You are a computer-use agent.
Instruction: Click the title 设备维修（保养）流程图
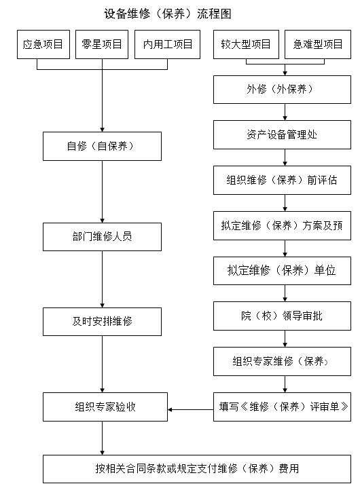(168, 14)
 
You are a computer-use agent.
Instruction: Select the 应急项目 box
(43, 44)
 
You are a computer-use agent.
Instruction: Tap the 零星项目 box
(102, 44)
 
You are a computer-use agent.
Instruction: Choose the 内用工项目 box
(168, 44)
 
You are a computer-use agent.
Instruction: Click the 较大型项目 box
(246, 44)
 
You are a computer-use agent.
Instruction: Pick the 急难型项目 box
(318, 44)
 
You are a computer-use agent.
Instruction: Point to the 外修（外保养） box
(282, 90)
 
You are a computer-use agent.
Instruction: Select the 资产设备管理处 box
(282, 135)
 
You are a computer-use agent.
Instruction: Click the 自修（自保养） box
(102, 147)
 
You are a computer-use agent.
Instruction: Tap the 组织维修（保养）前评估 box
(282, 180)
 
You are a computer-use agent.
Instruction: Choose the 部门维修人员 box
(102, 237)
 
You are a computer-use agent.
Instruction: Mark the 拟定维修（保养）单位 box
(282, 271)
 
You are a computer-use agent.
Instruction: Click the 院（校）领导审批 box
(282, 316)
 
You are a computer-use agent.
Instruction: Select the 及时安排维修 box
(102, 322)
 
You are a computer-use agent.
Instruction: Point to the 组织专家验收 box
(105, 407)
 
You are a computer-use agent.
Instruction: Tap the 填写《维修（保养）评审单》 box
(282, 407)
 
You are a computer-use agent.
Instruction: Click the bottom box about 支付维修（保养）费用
(197, 469)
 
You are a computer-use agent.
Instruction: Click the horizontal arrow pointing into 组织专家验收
(190, 410)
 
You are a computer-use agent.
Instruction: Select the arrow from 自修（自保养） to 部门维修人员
(103, 191)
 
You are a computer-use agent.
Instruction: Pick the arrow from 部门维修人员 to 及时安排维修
(103, 279)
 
